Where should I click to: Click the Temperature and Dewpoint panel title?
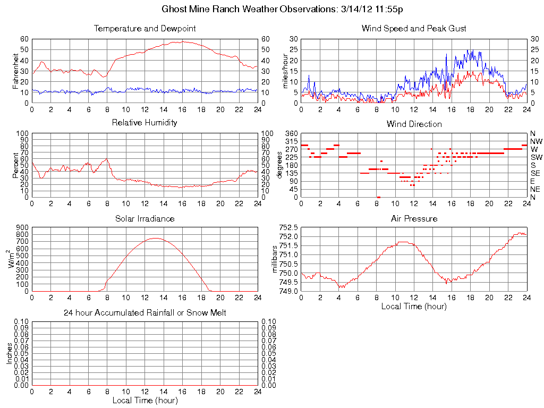pyautogui.click(x=144, y=29)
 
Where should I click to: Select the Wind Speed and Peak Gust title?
pyautogui.click(x=414, y=29)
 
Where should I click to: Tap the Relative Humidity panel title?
pyautogui.click(x=144, y=123)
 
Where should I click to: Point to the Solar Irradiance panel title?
pyautogui.click(x=144, y=218)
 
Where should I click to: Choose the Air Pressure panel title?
pyautogui.click(x=414, y=218)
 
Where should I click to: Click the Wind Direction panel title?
pyautogui.click(x=414, y=124)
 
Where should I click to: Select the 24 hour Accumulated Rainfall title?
pyautogui.click(x=144, y=313)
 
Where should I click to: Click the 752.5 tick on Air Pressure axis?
pyautogui.click(x=288, y=227)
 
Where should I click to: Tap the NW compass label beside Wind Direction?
pyautogui.click(x=535, y=141)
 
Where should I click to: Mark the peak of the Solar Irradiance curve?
pyautogui.click(x=155, y=238)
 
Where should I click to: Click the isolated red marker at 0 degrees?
pyautogui.click(x=378, y=197)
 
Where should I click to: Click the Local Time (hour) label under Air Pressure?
pyautogui.click(x=414, y=306)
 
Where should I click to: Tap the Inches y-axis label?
pyautogui.click(x=9, y=353)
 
